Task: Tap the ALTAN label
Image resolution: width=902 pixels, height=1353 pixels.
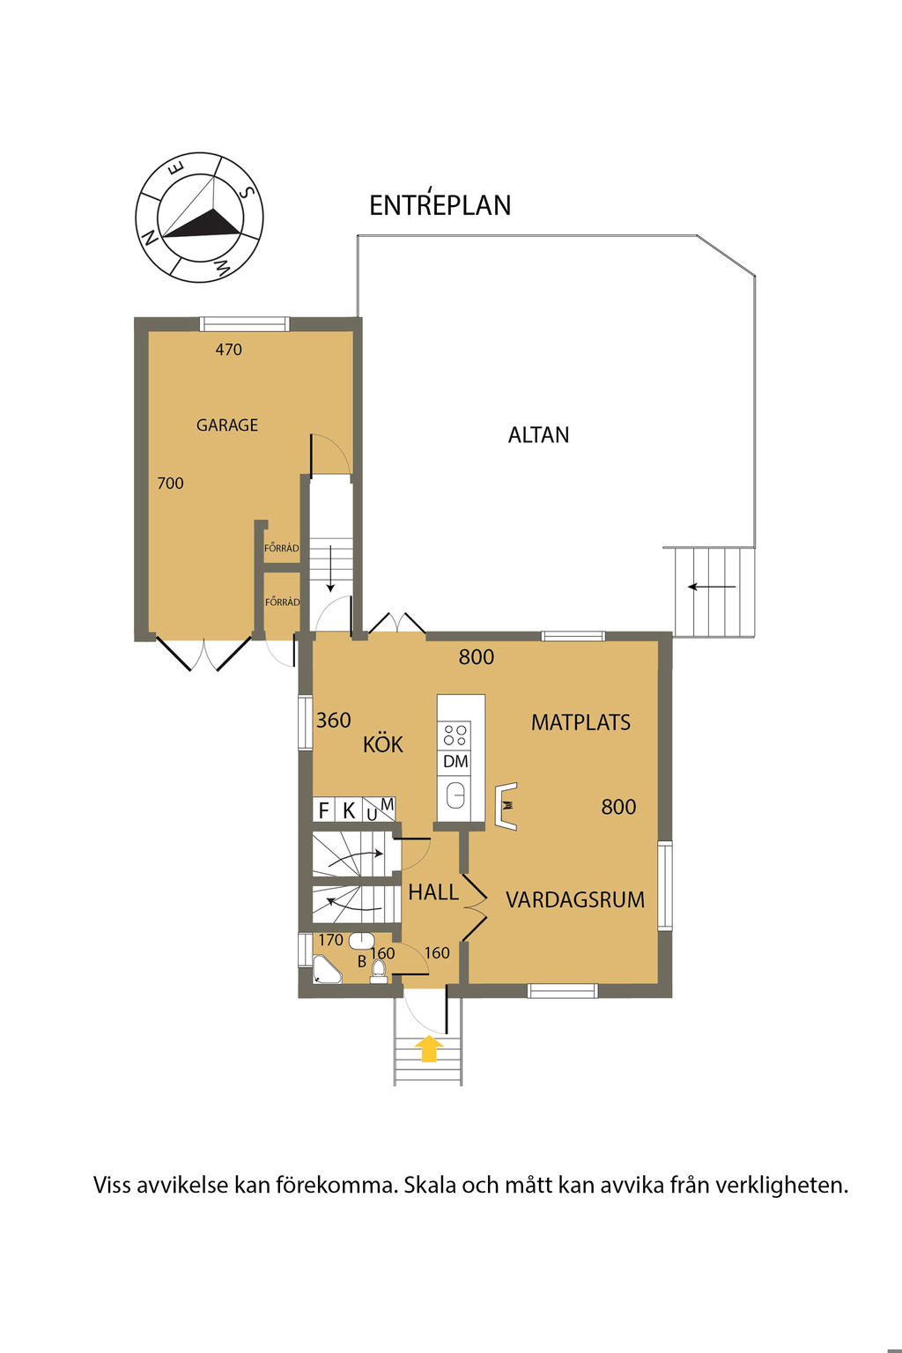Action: coord(538,435)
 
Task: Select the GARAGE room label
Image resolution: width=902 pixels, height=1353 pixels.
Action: coord(227,425)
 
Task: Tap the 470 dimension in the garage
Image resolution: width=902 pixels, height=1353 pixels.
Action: coord(229,349)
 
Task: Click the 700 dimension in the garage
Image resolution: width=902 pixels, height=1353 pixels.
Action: coord(170,484)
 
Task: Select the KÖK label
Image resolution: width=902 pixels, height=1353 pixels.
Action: coord(382,743)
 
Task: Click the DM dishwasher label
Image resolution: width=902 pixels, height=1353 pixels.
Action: coord(455,761)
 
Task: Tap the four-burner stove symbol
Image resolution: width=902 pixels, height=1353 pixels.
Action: coord(455,736)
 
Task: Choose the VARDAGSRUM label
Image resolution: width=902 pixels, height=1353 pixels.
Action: coord(574,899)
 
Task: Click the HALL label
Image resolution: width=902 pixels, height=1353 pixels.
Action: coord(433,891)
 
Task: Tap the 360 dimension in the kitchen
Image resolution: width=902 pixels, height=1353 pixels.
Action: coord(334,720)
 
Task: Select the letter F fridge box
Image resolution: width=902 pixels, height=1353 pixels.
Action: coord(323,810)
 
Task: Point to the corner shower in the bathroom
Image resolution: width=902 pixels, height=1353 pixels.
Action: coord(326,969)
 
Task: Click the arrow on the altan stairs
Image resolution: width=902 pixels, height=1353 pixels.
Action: coord(712,587)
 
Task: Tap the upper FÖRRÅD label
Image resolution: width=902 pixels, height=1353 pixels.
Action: coord(282,548)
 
